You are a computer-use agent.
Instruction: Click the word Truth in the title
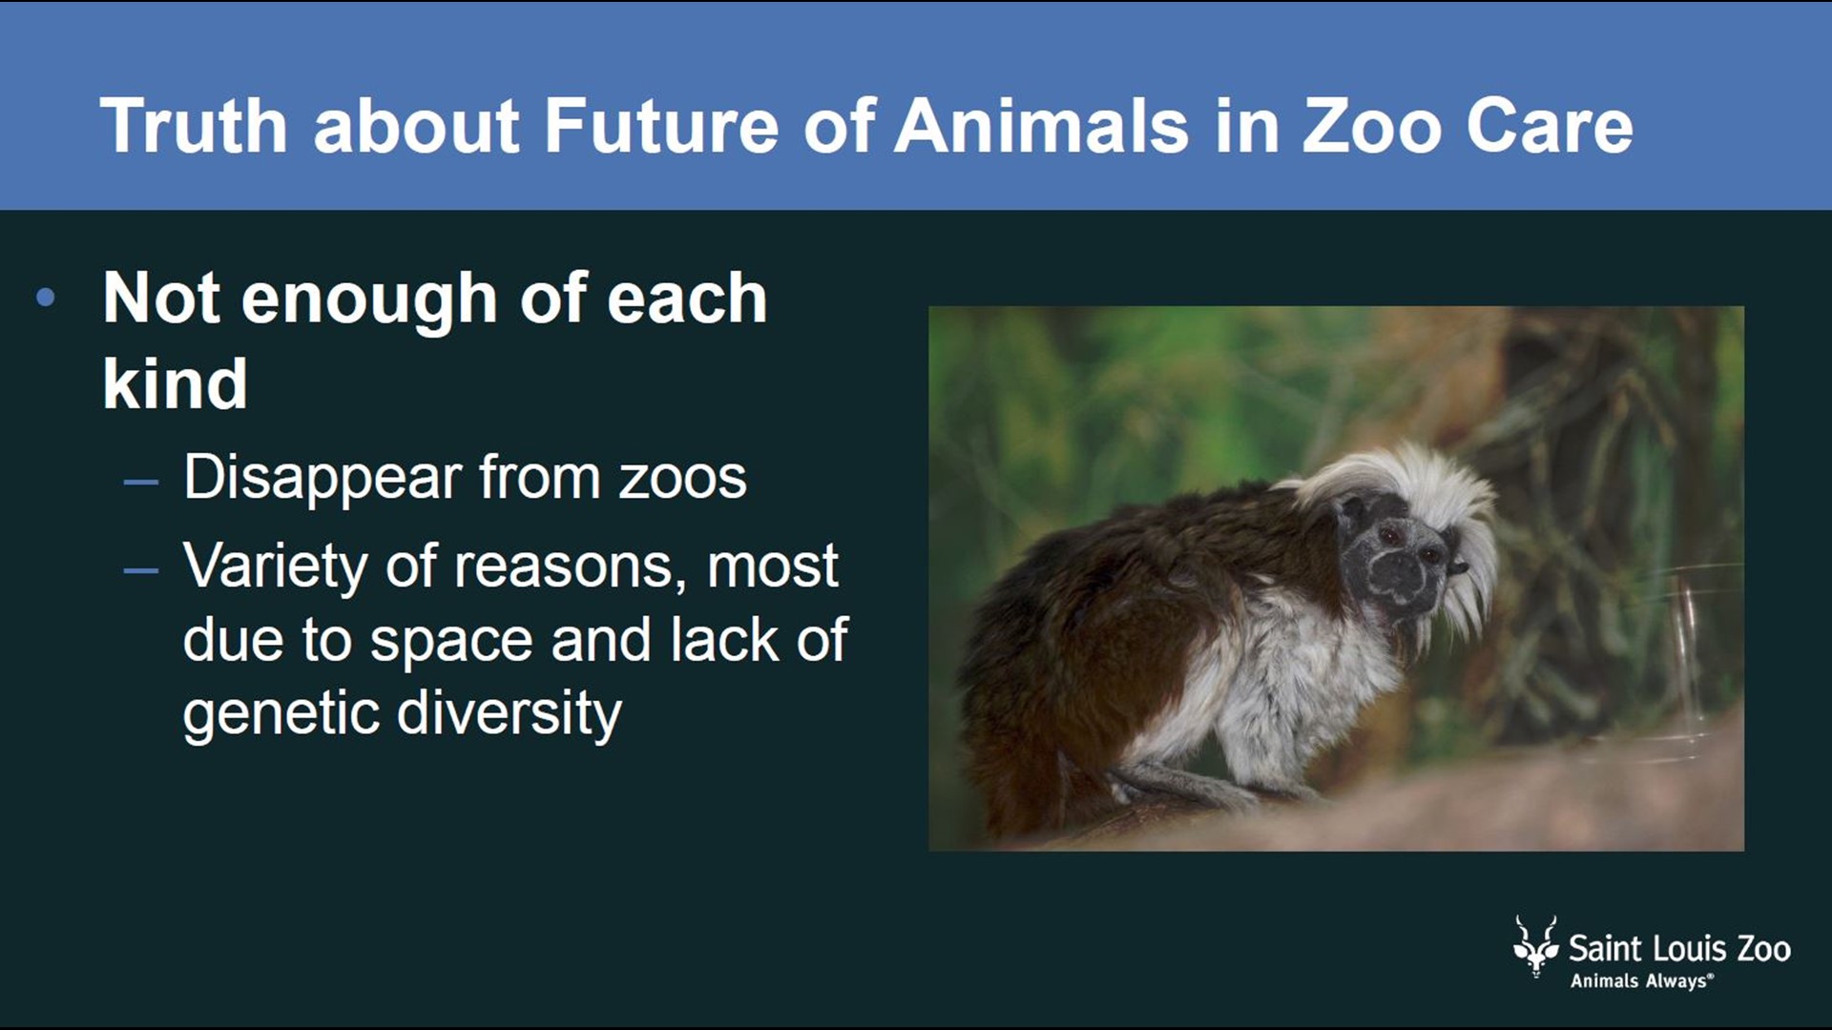[x=194, y=126]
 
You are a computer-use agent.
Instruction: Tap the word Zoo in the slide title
[x=1372, y=126]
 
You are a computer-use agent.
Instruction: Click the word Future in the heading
[x=661, y=126]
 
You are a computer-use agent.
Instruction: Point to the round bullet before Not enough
[x=45, y=299]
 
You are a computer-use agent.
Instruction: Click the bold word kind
[x=175, y=384]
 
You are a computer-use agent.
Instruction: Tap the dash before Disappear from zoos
[x=140, y=481]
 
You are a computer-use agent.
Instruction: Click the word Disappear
[x=322, y=478]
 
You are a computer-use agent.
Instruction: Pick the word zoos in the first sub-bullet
[x=682, y=478]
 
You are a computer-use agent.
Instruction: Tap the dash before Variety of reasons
[x=140, y=570]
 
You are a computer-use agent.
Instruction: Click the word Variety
[x=275, y=566]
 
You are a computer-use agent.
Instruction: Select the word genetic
[x=281, y=714]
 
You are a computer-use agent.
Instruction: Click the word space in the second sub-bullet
[x=450, y=641]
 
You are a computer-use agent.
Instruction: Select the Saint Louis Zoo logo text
[x=1679, y=949]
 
